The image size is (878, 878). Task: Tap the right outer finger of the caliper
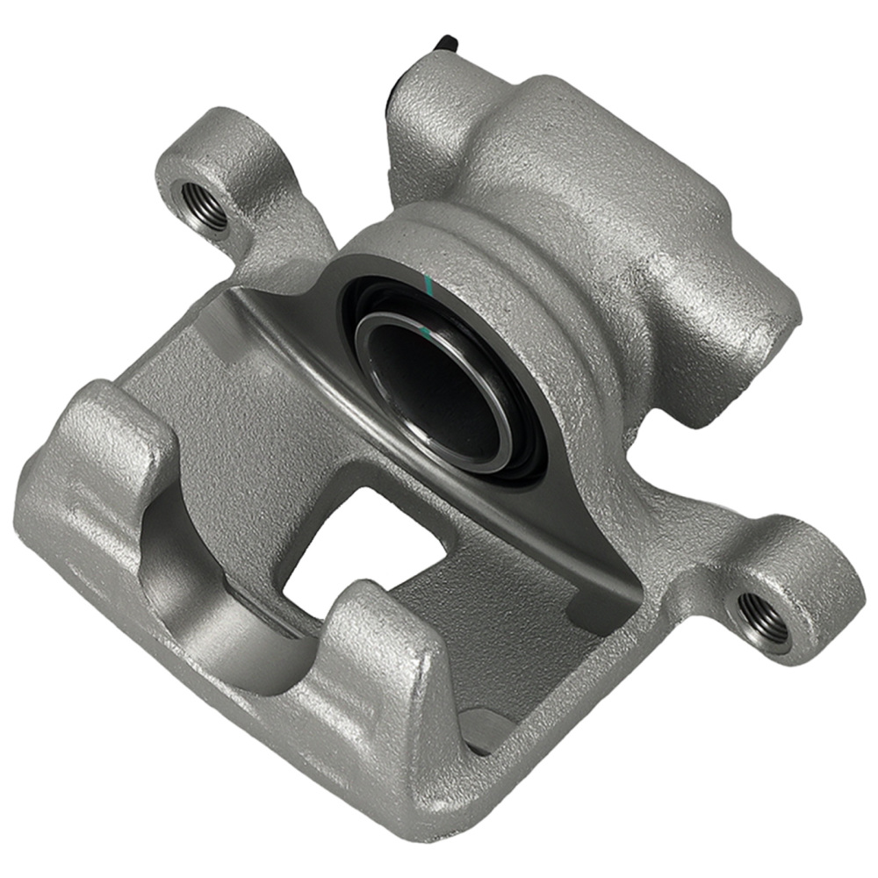378,676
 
